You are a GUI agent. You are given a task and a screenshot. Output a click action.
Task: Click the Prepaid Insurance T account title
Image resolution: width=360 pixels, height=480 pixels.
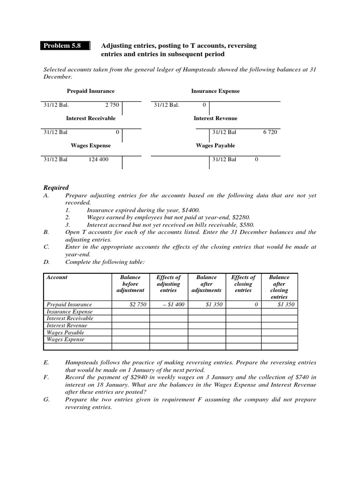coord(90,91)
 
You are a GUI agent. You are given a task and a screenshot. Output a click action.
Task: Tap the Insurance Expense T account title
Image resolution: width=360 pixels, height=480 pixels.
coord(215,91)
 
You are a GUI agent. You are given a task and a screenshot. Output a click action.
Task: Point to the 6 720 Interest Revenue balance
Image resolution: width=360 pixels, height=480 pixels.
coord(270,132)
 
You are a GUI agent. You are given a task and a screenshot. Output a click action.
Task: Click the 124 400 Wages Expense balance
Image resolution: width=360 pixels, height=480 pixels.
coord(98,159)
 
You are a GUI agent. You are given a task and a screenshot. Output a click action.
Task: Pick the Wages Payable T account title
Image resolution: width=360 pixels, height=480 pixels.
coord(215,146)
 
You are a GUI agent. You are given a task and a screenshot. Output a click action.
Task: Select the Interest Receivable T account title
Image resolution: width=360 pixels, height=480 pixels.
coord(90,119)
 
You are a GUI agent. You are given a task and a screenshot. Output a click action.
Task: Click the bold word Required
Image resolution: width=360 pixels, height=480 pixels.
coord(56,187)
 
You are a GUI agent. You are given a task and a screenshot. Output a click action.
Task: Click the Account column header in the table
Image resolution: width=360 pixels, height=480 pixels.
coord(57,277)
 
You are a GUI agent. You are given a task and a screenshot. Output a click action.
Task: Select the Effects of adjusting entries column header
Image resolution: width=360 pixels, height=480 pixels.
coord(168,284)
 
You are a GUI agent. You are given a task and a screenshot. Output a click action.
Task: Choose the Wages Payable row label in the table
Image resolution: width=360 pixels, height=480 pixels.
coord(65,332)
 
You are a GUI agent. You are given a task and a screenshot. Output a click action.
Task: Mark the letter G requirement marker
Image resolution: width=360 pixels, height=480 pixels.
coord(46,400)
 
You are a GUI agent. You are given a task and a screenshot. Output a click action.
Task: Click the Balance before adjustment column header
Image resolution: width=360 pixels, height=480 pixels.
coord(130,284)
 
